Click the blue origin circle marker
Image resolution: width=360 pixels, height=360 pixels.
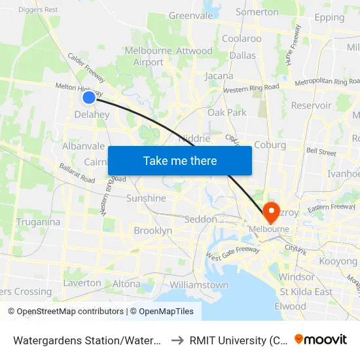click(89, 98)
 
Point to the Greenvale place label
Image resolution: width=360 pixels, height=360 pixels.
click(191, 16)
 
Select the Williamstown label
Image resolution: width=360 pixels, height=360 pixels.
click(199, 285)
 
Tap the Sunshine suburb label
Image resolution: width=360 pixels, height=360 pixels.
click(146, 198)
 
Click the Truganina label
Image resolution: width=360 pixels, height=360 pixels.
click(38, 222)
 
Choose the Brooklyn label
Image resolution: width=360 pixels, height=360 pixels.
click(153, 230)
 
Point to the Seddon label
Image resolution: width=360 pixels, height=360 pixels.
click(201, 220)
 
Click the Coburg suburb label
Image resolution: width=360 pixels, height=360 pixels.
click(270, 145)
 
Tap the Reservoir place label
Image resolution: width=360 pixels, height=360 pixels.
click(311, 105)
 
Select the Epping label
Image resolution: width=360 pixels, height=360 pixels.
click(329, 18)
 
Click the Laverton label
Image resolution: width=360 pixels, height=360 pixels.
click(82, 283)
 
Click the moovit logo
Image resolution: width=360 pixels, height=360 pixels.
click(321, 339)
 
